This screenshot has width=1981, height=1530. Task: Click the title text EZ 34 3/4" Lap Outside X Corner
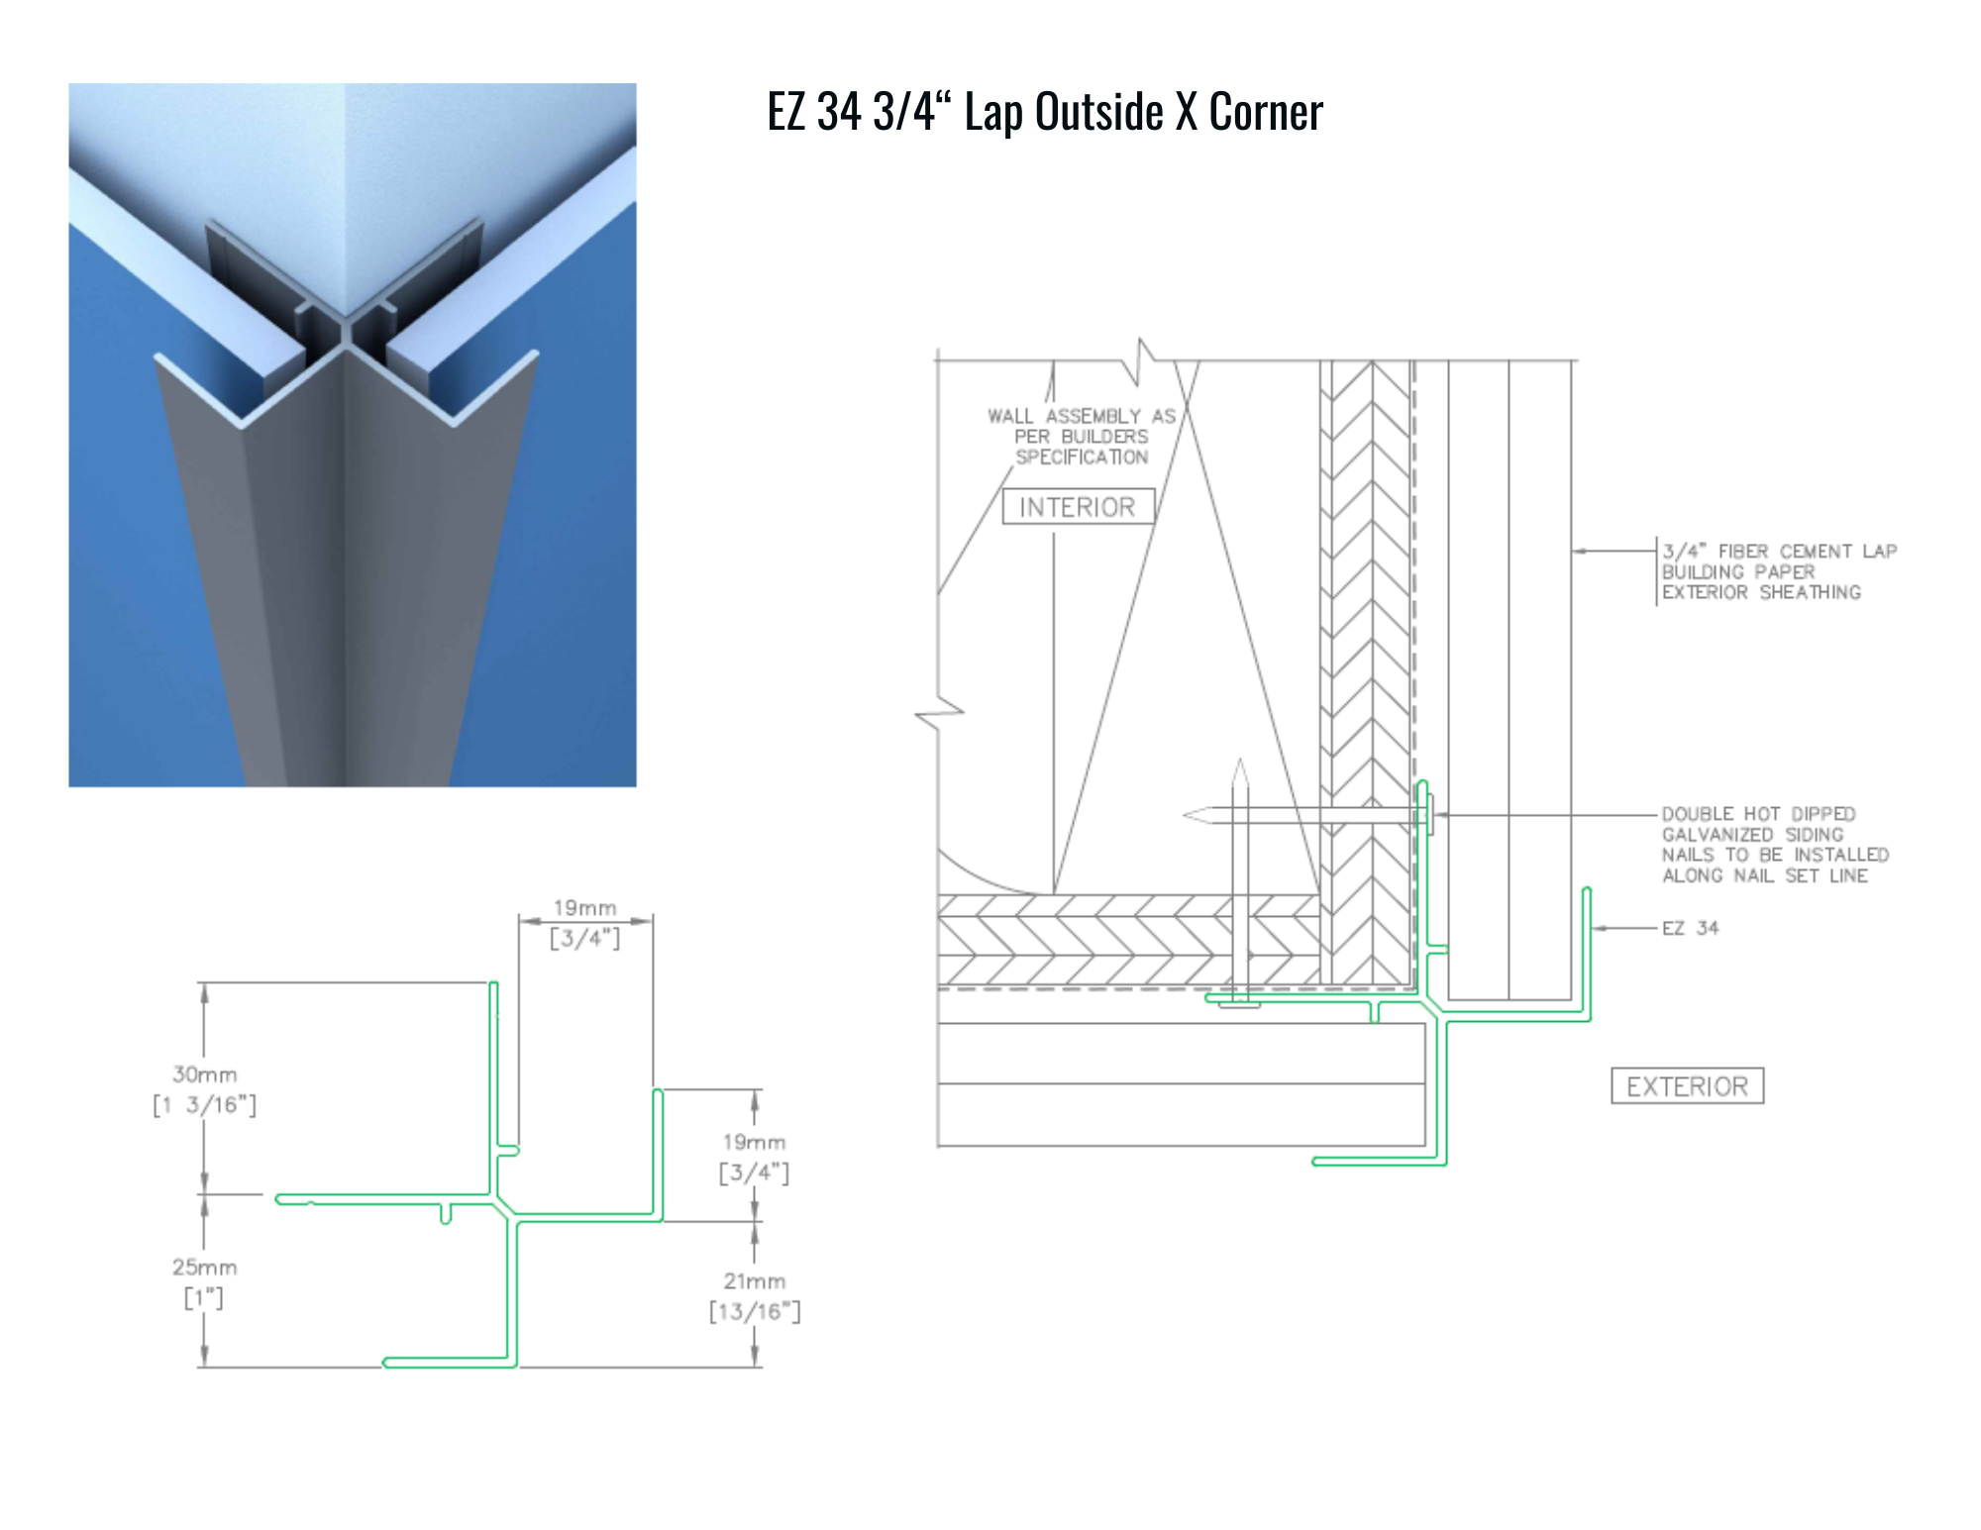point(1045,111)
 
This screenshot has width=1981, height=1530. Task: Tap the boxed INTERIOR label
point(1078,507)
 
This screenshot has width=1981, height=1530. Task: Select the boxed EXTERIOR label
point(1687,1086)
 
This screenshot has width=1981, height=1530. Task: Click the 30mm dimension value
point(205,1074)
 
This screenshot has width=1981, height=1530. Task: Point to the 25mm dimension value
point(205,1267)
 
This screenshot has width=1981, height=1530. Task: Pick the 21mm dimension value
point(755,1280)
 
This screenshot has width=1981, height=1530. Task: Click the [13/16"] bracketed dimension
point(755,1311)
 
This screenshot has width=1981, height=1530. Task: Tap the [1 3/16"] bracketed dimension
point(205,1105)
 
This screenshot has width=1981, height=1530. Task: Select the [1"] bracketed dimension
point(204,1297)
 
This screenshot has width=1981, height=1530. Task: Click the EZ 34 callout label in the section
point(1691,928)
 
